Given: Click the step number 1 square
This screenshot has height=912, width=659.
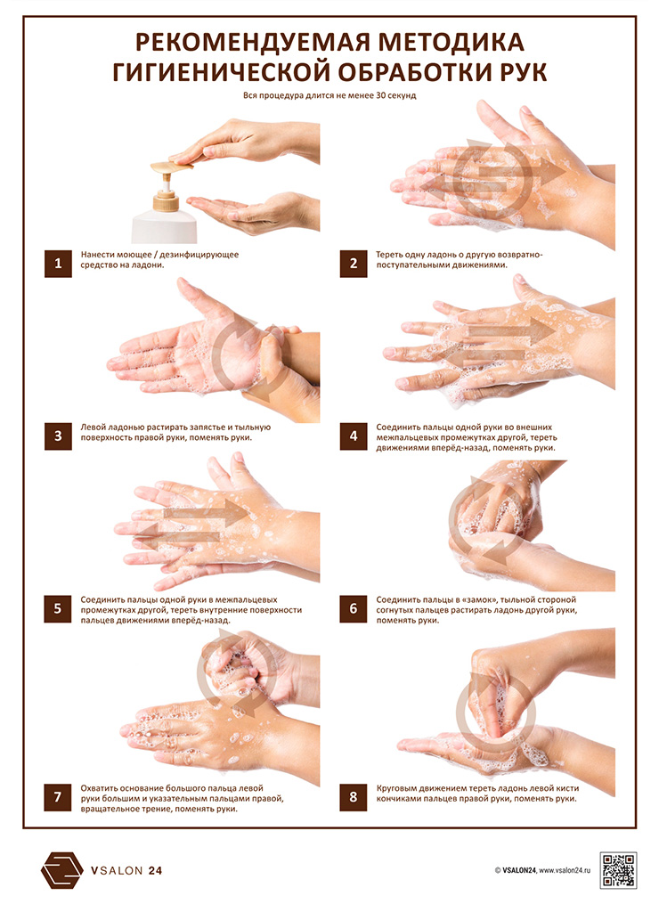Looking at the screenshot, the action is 58,264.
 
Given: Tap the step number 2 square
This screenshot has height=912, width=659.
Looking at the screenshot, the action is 353,264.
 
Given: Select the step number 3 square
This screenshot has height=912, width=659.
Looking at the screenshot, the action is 58,436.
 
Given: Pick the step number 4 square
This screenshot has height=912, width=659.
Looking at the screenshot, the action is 353,436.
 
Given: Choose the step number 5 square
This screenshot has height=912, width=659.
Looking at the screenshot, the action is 58,609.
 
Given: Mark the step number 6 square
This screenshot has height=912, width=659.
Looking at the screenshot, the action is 353,609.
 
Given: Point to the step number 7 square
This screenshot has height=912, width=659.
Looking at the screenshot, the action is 58,797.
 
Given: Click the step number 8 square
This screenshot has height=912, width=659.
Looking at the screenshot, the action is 353,797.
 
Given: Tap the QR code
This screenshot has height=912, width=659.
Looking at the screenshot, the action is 618,871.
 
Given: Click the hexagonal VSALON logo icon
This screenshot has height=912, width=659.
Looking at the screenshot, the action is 62,870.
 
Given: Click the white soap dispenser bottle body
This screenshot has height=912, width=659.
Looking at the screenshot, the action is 164,227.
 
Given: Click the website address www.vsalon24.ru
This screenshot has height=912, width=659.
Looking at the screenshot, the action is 565,871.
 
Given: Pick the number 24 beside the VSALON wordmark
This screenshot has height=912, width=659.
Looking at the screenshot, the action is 155,871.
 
